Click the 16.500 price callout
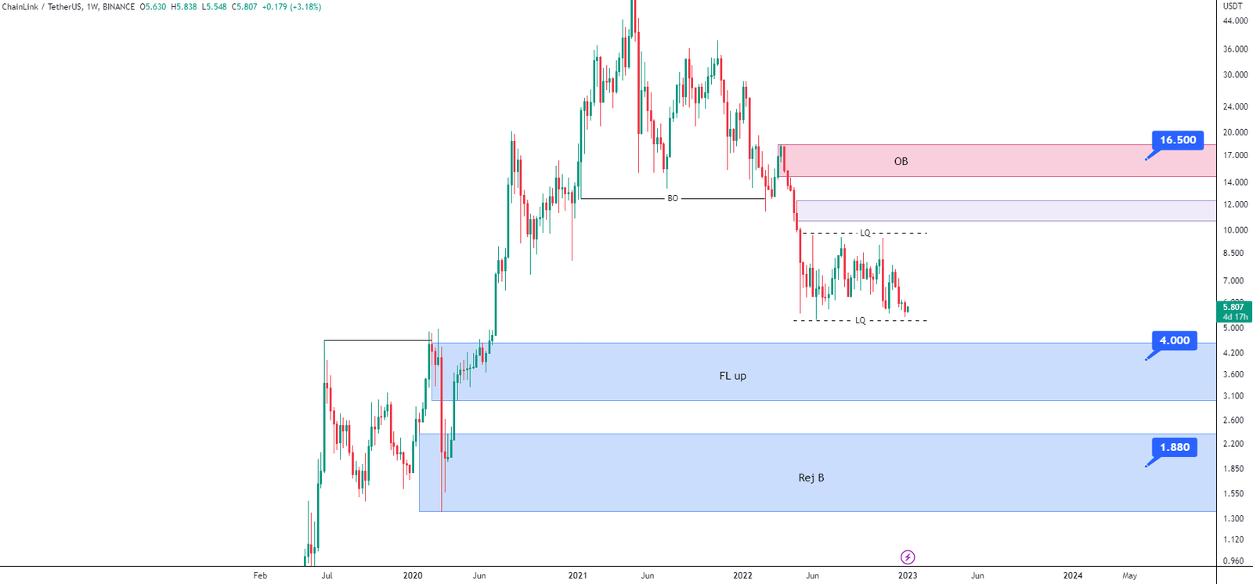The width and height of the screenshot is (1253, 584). pos(1178,140)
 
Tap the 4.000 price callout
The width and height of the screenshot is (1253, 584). pos(1174,340)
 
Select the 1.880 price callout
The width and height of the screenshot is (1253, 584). pos(1174,447)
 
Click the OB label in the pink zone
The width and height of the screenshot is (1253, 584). pos(901,162)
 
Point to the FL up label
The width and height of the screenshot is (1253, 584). pos(733,376)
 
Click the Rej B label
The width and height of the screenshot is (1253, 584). pos(811,478)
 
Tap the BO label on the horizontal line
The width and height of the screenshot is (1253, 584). pos(673,199)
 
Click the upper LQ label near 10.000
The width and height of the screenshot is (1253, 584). pos(865,233)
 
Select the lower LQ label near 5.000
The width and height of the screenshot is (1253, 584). pos(861,320)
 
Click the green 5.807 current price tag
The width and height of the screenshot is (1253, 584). pos(1234,312)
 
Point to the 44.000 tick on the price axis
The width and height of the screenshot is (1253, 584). pos(1235,20)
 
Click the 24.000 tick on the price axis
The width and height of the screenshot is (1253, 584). pos(1235,106)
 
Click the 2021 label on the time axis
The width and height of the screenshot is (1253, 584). pos(577,575)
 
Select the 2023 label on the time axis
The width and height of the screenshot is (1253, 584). pos(908,575)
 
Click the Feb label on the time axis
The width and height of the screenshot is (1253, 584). pos(260,575)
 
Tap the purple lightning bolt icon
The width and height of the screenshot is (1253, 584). pos(908,557)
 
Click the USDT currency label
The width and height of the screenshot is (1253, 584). pos(1233,6)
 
